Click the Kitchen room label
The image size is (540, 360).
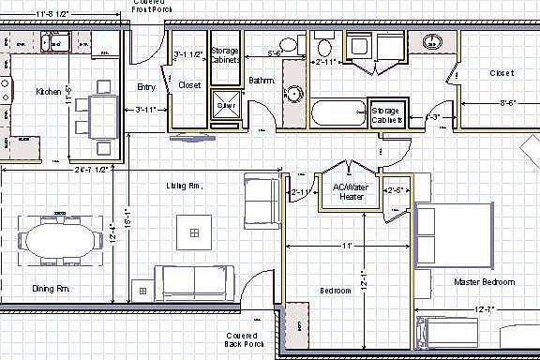48,92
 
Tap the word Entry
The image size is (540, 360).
145,87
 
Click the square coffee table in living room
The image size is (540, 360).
194,231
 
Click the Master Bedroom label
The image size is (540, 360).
486,282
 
